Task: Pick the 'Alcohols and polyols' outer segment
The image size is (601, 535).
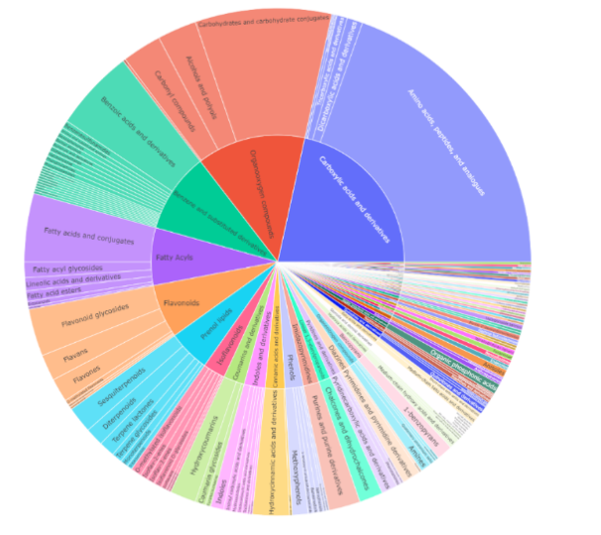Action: click(198, 79)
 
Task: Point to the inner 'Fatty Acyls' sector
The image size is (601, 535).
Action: click(173, 258)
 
